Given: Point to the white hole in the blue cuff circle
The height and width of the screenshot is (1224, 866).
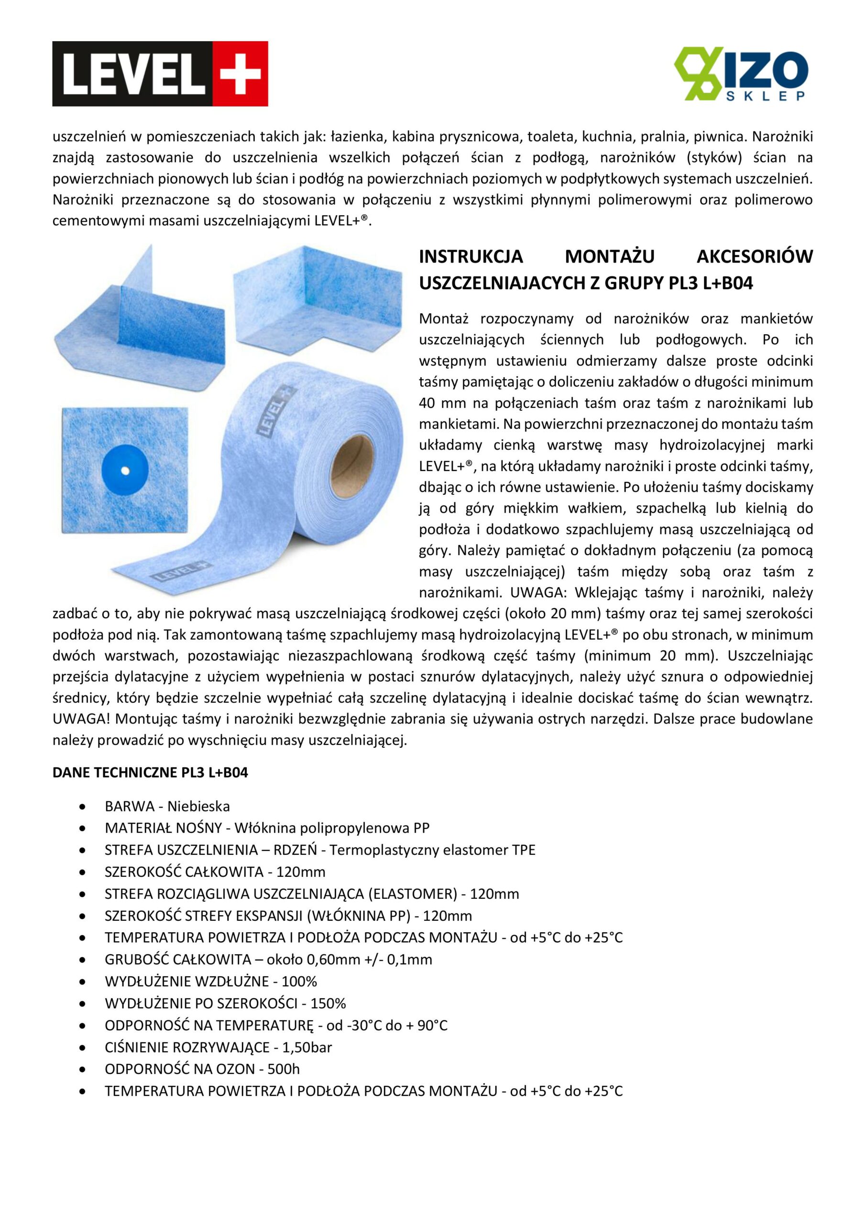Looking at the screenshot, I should pyautogui.click(x=124, y=471).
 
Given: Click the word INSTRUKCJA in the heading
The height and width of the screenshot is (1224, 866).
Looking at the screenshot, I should pyautogui.click(x=471, y=257).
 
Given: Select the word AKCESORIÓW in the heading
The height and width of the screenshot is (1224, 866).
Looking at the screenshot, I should pyautogui.click(x=755, y=257).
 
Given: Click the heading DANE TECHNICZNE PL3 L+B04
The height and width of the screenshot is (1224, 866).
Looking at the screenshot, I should pyautogui.click(x=150, y=773).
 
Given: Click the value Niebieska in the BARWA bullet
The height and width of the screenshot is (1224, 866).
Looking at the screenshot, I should pyautogui.click(x=198, y=806).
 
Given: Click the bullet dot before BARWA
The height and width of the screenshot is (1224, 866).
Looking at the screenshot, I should pyautogui.click(x=82, y=807).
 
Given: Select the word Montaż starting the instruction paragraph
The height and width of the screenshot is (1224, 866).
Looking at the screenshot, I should pyautogui.click(x=444, y=319).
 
